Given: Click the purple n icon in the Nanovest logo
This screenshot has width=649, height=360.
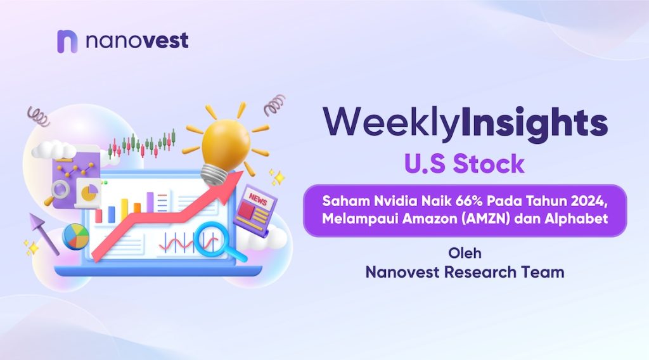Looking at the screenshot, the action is (x=67, y=41).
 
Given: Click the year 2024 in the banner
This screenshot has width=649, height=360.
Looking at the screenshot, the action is (x=589, y=201).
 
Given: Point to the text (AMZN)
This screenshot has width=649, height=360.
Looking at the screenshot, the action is (x=485, y=219).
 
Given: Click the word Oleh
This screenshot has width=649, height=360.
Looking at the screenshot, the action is (x=465, y=253).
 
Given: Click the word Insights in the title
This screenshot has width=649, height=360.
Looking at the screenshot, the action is (x=534, y=122).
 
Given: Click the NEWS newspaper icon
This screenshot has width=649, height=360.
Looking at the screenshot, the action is (x=255, y=210).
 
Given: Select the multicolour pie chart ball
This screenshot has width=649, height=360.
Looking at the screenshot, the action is (x=76, y=236).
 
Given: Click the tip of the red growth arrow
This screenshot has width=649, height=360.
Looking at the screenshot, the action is (x=243, y=172).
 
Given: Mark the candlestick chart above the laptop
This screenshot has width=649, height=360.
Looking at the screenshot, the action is (x=142, y=144).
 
